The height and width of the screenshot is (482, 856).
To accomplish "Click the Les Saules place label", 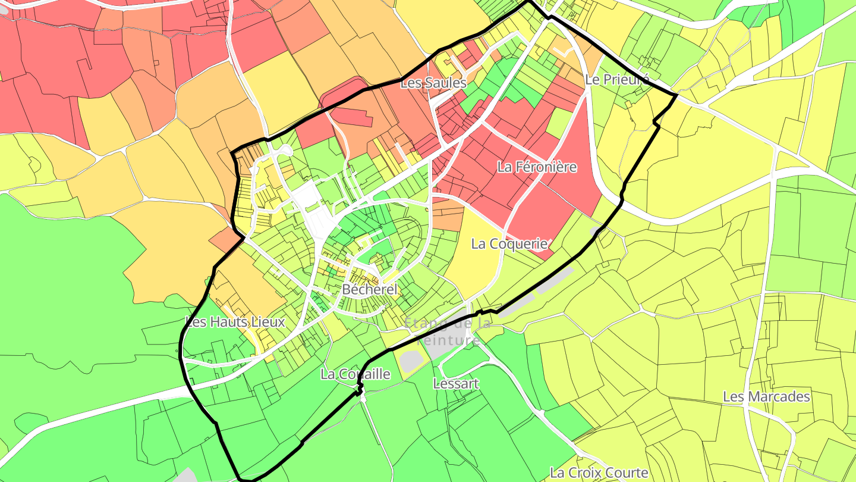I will coord(433,83).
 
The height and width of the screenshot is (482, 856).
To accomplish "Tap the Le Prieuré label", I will coord(616,79).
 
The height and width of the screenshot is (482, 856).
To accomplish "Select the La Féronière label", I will coord(537,167).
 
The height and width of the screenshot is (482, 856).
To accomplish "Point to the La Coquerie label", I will coord(509,243).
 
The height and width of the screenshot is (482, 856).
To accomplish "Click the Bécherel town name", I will coord(369,290).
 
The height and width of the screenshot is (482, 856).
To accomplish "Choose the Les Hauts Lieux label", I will coord(235,322).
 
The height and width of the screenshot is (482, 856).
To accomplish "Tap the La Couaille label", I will coord(355,374).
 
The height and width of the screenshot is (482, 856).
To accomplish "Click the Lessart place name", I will coord(455,383).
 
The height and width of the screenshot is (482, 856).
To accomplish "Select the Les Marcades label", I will coord(766,396).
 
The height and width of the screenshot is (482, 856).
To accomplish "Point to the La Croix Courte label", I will coord(599,472).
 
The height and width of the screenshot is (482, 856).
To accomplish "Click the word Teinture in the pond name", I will coord(448,340).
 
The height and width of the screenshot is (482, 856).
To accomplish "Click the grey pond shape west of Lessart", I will coord(410,361).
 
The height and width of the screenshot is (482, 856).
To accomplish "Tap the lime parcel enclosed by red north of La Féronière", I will coord(559,123).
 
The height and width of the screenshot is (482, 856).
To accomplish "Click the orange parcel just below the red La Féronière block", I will coord(450,215).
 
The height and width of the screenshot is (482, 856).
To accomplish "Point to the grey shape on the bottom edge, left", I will coord(187,475).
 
